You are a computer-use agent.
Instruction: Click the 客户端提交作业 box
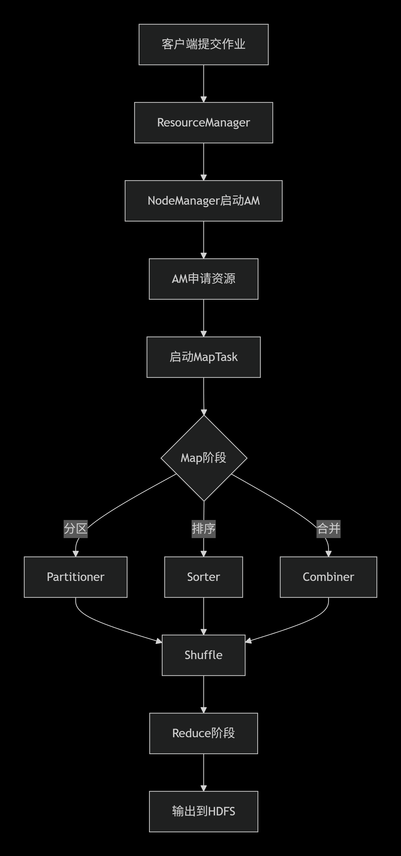(x=203, y=44)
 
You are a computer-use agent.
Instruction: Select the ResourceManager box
(x=203, y=123)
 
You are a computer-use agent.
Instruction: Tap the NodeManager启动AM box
(x=203, y=201)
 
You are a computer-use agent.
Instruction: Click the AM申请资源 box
(x=203, y=279)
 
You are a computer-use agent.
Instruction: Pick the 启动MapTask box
(x=203, y=357)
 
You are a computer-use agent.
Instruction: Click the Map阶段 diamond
(x=204, y=458)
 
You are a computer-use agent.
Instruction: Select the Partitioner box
(x=75, y=577)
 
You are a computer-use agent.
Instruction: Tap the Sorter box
(x=203, y=577)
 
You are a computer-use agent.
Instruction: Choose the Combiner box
(x=328, y=577)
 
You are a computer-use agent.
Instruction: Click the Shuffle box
(x=203, y=655)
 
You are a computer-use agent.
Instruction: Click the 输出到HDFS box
(x=203, y=811)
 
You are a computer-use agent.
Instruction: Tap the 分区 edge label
(x=75, y=528)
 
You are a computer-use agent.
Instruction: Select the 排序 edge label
(x=203, y=528)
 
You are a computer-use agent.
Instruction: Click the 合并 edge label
(x=328, y=528)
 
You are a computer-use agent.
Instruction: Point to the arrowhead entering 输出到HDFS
(x=204, y=788)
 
